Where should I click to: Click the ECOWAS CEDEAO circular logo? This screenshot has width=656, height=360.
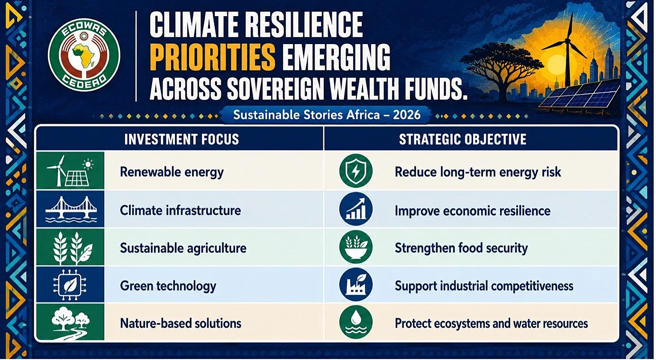click(84, 55)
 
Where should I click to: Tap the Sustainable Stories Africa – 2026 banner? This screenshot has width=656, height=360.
click(327, 115)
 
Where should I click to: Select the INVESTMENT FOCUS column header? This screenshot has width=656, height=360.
click(182, 139)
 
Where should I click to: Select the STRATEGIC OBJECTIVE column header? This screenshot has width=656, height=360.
click(463, 139)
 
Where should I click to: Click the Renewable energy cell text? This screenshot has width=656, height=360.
click(172, 172)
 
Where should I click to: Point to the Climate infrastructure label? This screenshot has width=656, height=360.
click(181, 210)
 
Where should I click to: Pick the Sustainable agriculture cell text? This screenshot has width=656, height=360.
click(183, 248)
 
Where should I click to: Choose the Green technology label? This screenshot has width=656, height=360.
click(168, 286)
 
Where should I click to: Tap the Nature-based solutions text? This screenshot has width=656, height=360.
click(181, 324)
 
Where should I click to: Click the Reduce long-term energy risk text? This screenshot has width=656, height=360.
click(478, 172)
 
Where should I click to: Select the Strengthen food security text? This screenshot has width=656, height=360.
click(461, 248)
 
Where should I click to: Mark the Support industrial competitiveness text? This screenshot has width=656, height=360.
click(484, 286)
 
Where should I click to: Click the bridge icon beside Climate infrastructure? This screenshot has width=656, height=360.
click(71, 209)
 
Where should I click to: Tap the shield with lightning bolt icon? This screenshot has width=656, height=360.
click(356, 171)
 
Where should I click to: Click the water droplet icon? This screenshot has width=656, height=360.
click(356, 322)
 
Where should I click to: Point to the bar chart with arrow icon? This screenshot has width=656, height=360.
click(356, 209)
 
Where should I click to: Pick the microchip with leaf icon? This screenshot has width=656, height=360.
click(70, 285)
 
